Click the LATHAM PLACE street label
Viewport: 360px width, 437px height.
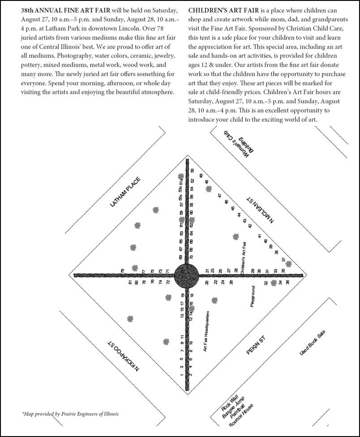pos(125,192)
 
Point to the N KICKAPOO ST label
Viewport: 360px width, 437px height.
pos(124,356)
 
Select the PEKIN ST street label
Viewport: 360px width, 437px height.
pos(256,345)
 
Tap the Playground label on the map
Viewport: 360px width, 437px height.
pos(253,296)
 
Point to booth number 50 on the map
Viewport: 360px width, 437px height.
pos(193,171)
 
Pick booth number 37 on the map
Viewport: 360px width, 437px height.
pos(283,260)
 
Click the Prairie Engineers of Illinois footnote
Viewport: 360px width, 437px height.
pos(70,414)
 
